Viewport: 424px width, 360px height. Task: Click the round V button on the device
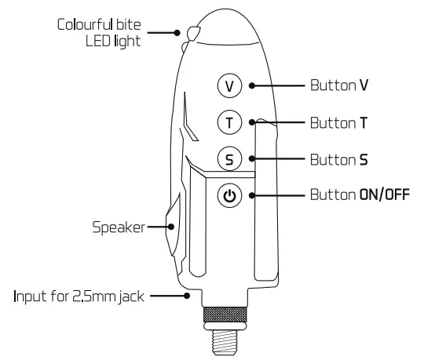coord(229,85)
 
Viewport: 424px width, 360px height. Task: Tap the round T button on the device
coord(229,122)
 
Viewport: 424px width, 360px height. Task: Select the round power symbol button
coord(229,195)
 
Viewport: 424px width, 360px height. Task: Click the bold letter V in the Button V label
coord(364,85)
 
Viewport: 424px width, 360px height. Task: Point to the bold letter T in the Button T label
coord(364,123)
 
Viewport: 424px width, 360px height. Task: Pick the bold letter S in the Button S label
coord(364,160)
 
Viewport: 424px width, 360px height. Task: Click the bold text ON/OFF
coord(384,195)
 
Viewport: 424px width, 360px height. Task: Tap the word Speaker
coord(119,227)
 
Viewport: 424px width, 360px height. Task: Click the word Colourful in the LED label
coord(85,24)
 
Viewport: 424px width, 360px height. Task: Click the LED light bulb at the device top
coord(194,34)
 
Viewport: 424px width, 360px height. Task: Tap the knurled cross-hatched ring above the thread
coord(225,315)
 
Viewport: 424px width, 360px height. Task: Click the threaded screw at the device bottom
coord(225,342)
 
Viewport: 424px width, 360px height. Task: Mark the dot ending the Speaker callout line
coord(171,227)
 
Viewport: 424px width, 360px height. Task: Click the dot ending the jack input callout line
coord(187,296)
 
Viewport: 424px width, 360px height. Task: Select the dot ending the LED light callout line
coord(177,33)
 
